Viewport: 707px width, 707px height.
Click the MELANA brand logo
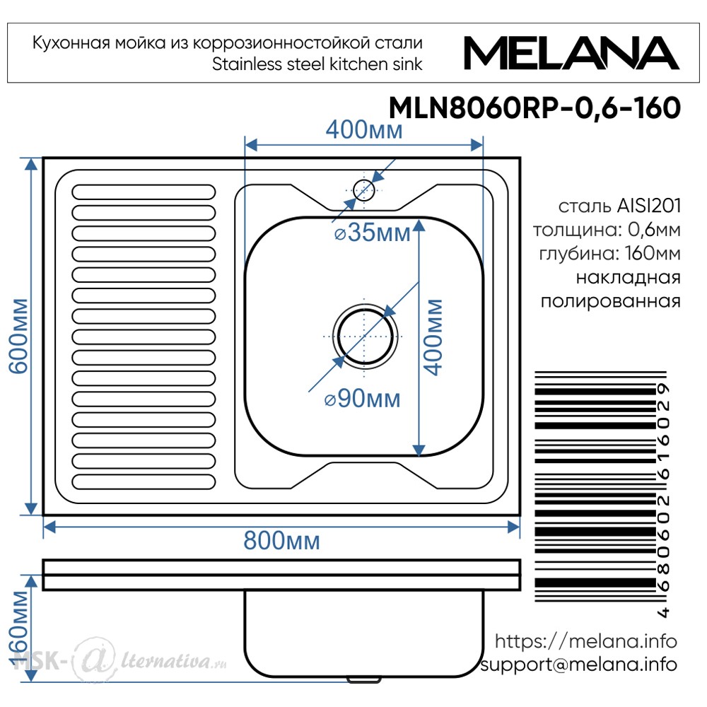571,53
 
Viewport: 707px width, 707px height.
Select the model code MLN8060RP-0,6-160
534,108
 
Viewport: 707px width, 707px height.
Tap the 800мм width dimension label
282,540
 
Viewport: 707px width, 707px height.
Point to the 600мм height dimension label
19,336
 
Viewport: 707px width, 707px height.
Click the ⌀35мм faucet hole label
373,233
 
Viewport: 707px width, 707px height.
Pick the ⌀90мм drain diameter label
362,399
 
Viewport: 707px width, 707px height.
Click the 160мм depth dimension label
19,629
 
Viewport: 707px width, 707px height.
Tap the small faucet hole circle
364,189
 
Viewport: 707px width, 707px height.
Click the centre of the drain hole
365,337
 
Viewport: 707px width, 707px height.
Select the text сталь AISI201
619,206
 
